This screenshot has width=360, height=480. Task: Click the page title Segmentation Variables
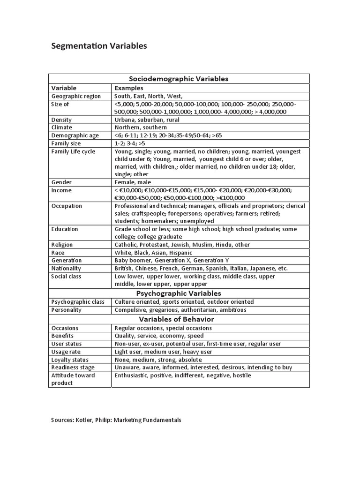point(99,46)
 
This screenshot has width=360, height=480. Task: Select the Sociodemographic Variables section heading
point(179,79)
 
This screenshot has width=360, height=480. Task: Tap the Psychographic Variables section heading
point(179,293)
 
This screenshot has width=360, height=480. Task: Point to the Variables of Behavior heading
point(179,319)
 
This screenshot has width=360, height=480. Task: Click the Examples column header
point(129,88)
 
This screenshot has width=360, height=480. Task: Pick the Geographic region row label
point(76,96)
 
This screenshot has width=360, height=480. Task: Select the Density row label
point(61,120)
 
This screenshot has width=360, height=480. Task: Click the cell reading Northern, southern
point(141,127)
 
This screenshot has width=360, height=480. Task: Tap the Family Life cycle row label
point(73,152)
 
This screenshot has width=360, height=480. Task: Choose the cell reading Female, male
point(133,182)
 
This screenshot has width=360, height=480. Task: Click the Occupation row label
point(67,206)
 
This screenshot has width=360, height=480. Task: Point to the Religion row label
point(62,245)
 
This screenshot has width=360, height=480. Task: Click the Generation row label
point(67,261)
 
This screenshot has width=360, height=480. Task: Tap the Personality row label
point(67,310)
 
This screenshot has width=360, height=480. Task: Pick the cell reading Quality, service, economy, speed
point(159,336)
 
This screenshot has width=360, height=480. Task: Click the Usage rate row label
point(66,352)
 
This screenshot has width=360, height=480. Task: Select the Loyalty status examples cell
point(158,360)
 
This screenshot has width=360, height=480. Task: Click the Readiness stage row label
point(73,367)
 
